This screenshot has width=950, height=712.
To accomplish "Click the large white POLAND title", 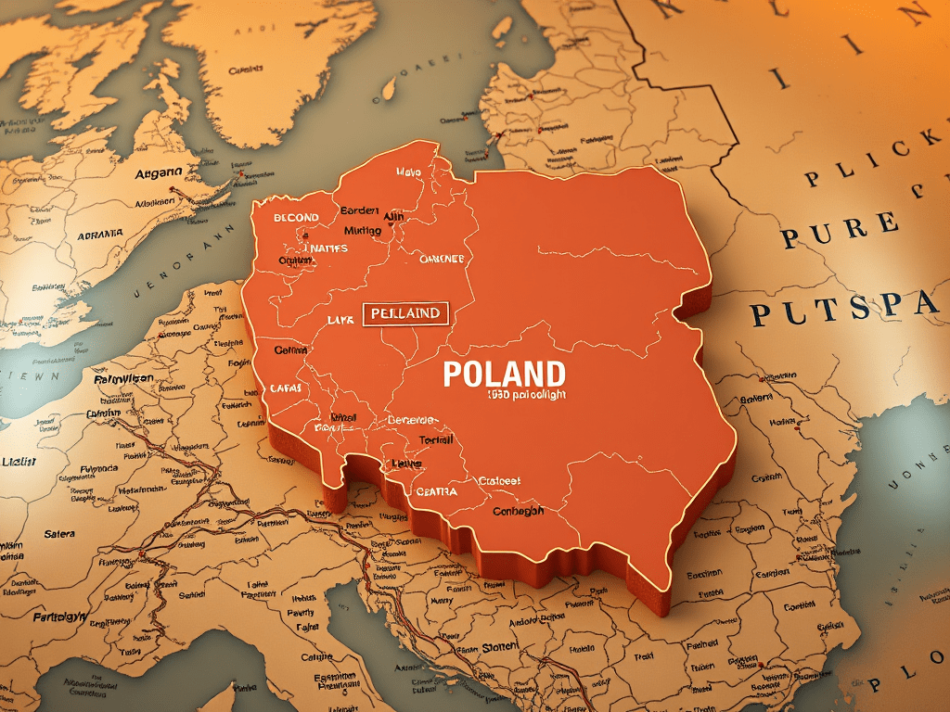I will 504,374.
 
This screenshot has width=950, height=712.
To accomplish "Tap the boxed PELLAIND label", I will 405,313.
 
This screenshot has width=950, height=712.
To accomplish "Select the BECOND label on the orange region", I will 296,218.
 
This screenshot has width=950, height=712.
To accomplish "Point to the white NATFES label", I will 326,248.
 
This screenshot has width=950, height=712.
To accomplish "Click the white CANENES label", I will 442,260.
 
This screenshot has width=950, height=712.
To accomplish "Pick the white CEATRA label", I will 437,491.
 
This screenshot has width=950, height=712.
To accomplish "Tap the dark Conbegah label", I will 519,511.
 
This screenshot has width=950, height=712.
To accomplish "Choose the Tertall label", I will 436,439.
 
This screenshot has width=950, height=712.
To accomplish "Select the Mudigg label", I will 363,230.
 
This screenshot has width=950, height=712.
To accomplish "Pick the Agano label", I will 158,174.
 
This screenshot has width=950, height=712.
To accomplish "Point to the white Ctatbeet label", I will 499,481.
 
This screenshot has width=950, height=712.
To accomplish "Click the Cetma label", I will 291,350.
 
